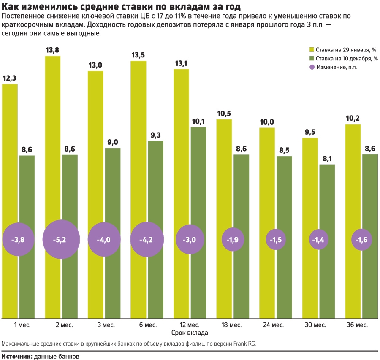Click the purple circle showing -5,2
tap(60, 240)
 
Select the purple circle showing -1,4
tap(318, 240)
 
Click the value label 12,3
tap(10, 78)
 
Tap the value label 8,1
tap(327, 159)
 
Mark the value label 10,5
tap(224, 114)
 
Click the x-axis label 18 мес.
tap(232, 325)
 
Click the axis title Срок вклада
tap(189, 333)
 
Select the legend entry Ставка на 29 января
tap(343, 49)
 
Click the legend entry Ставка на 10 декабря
tap(344, 58)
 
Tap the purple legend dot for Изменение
tap(312, 67)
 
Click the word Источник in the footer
tap(16, 356)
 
